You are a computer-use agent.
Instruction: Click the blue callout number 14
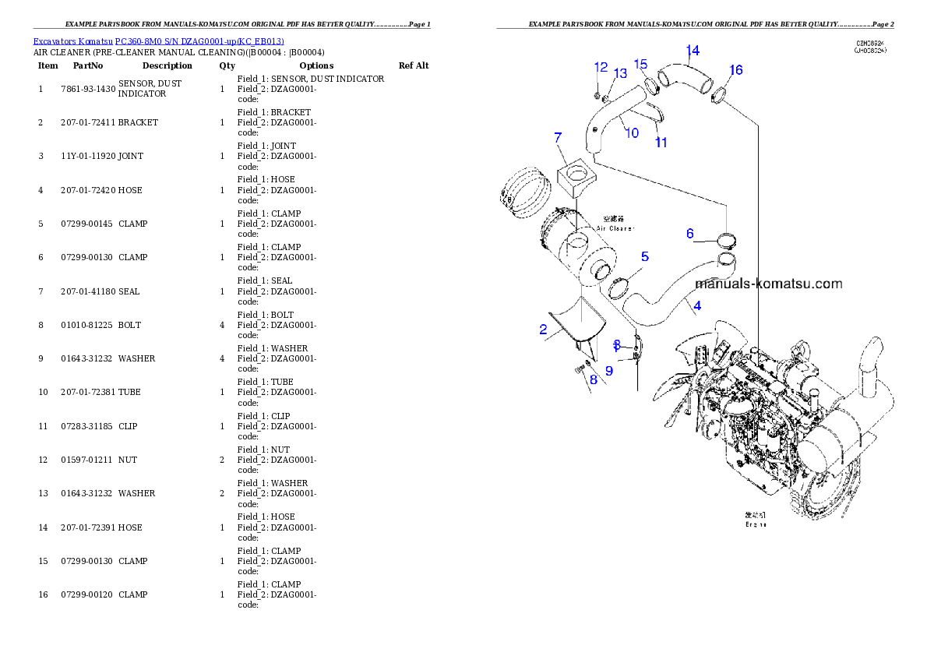pos(692,51)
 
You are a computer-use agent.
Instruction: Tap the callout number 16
pos(735,70)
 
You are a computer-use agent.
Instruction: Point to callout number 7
pos(558,138)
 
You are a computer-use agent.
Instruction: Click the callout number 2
pos(543,330)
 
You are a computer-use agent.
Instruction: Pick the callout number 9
pos(609,371)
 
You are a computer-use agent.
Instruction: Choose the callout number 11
pos(661,142)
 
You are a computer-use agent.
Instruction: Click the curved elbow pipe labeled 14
pos(686,78)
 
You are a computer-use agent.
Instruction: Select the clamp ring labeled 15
pos(652,84)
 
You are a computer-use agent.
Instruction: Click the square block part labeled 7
pos(576,178)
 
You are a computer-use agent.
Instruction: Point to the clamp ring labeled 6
pos(725,239)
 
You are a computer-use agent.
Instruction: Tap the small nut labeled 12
pos(597,96)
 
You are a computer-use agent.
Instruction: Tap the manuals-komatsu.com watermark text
pos(768,284)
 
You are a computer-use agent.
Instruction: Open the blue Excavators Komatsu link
pos(158,41)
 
